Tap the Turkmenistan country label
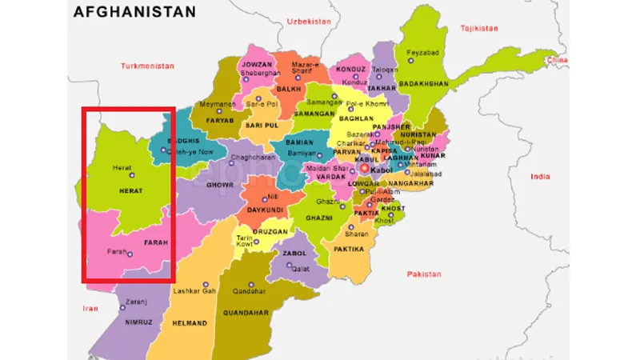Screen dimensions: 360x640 (147, 66)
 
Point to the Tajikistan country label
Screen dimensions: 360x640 (479, 28)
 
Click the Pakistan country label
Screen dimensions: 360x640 (423, 274)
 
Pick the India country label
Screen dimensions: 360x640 (541, 176)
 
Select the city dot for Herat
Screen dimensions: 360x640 (133, 175)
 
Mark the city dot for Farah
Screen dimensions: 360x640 (130, 255)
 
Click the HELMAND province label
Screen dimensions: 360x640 (190, 323)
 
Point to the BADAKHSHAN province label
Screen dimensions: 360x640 (424, 83)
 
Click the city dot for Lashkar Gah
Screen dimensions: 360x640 (206, 283)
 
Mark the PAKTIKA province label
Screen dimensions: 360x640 (349, 249)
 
